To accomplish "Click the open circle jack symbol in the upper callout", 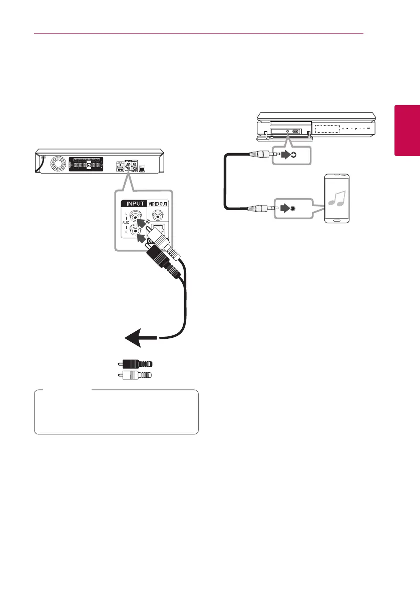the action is tap(293, 155).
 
